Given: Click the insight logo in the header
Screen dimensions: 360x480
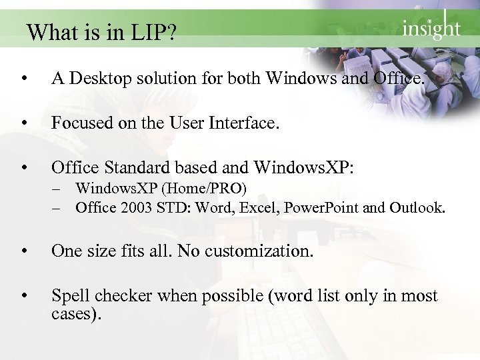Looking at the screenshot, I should click(x=431, y=27).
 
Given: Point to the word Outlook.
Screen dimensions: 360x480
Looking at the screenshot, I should click(x=416, y=207).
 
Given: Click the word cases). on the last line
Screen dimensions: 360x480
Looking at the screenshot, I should click(x=76, y=313).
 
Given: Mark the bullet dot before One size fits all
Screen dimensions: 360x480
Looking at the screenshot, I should click(x=23, y=252).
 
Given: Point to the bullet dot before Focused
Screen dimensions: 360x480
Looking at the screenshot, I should click(x=23, y=123).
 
